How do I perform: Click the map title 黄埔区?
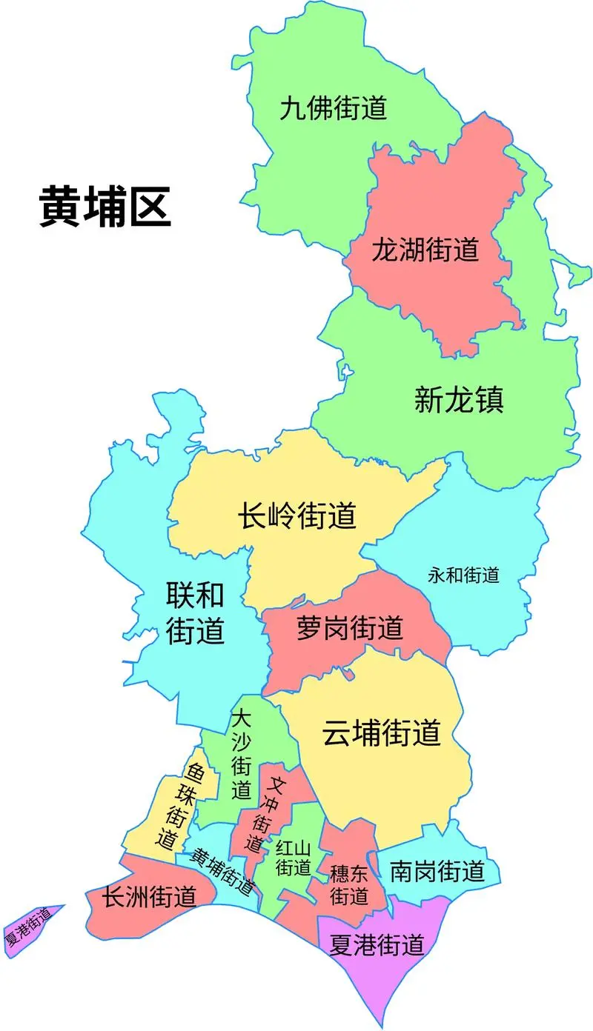[x=105, y=207]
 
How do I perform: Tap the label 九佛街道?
[x=334, y=109]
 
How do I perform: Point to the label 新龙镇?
[x=459, y=401]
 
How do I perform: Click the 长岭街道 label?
[x=297, y=515]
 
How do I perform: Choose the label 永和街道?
[x=463, y=575]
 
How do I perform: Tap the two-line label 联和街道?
[x=194, y=613]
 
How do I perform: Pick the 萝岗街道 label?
[x=349, y=628]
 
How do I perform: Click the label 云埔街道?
[x=382, y=733]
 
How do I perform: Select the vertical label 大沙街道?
[x=241, y=755]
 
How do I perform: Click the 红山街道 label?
[x=293, y=858]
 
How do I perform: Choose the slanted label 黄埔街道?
[x=222, y=871]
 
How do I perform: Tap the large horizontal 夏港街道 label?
[x=377, y=945]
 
